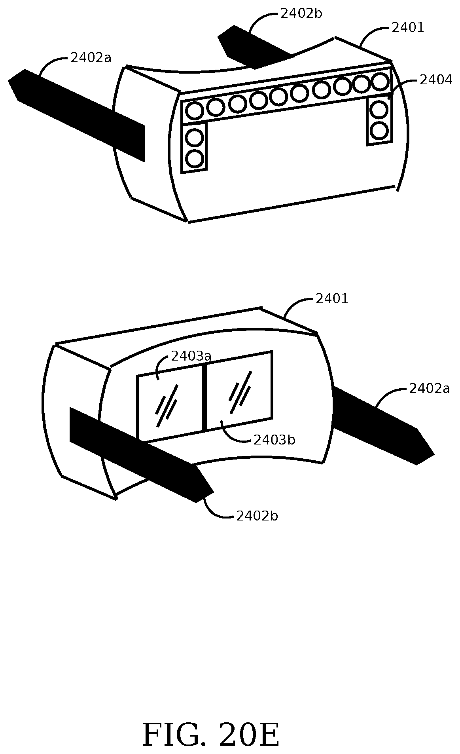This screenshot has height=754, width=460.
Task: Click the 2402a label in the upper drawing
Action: (x=91, y=58)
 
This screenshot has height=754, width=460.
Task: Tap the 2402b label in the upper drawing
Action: (x=301, y=14)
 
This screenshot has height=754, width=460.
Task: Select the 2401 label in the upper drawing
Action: (x=407, y=28)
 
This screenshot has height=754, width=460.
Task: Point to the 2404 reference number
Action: (x=435, y=80)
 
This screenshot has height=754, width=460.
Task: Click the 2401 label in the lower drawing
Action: (x=331, y=299)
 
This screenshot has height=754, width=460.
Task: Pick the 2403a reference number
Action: (x=191, y=356)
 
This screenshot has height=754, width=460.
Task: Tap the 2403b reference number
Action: (x=274, y=440)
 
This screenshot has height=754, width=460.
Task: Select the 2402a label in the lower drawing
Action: (x=429, y=389)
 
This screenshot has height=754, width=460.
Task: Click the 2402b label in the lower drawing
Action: (x=257, y=516)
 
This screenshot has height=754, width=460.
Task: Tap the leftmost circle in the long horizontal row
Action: (x=194, y=110)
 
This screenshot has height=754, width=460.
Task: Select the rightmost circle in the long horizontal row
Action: (x=380, y=82)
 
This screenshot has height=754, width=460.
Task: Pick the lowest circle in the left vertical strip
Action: (x=194, y=159)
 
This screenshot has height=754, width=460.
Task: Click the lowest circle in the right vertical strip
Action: (x=379, y=130)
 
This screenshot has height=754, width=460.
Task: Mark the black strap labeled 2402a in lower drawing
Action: (x=380, y=424)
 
